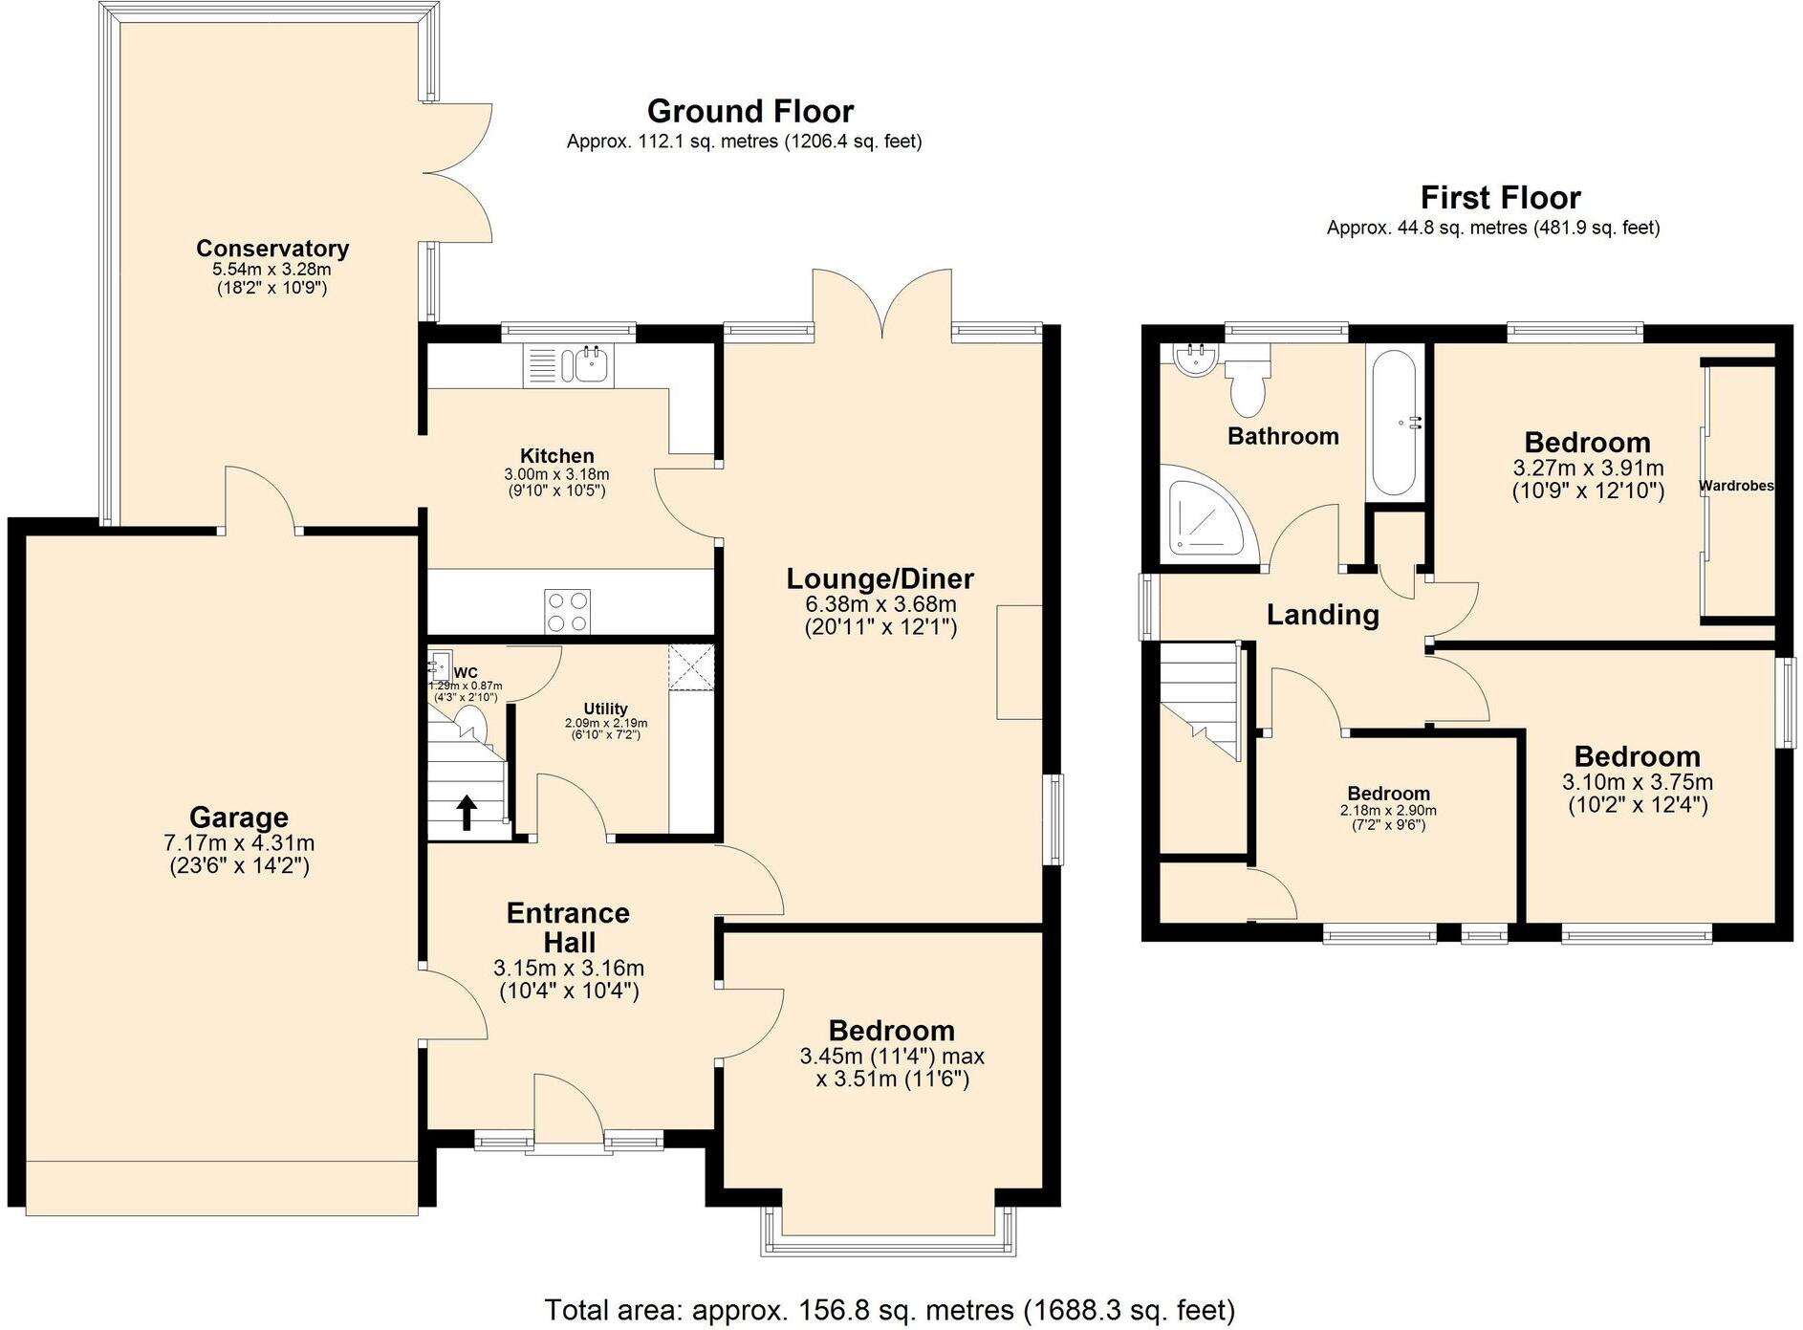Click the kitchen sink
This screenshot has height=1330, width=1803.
585,364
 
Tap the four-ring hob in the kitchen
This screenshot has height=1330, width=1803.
567,611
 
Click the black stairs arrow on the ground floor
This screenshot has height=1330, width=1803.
467,813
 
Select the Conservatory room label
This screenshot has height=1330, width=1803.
272,249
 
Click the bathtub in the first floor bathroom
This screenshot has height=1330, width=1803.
1395,423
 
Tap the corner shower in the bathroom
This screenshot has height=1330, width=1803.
1204,517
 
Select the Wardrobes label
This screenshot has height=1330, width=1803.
1736,487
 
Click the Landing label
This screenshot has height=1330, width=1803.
1322,615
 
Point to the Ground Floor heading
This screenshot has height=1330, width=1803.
749,112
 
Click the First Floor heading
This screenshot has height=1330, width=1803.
1499,198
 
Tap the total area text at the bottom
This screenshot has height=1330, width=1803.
889,1309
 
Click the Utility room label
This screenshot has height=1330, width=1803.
605,709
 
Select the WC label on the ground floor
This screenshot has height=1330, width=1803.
466,673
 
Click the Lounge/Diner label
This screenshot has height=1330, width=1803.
880,578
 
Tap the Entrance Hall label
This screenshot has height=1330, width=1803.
568,927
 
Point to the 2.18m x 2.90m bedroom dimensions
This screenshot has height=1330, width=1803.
1388,811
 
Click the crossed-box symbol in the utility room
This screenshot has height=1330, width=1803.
691,666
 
